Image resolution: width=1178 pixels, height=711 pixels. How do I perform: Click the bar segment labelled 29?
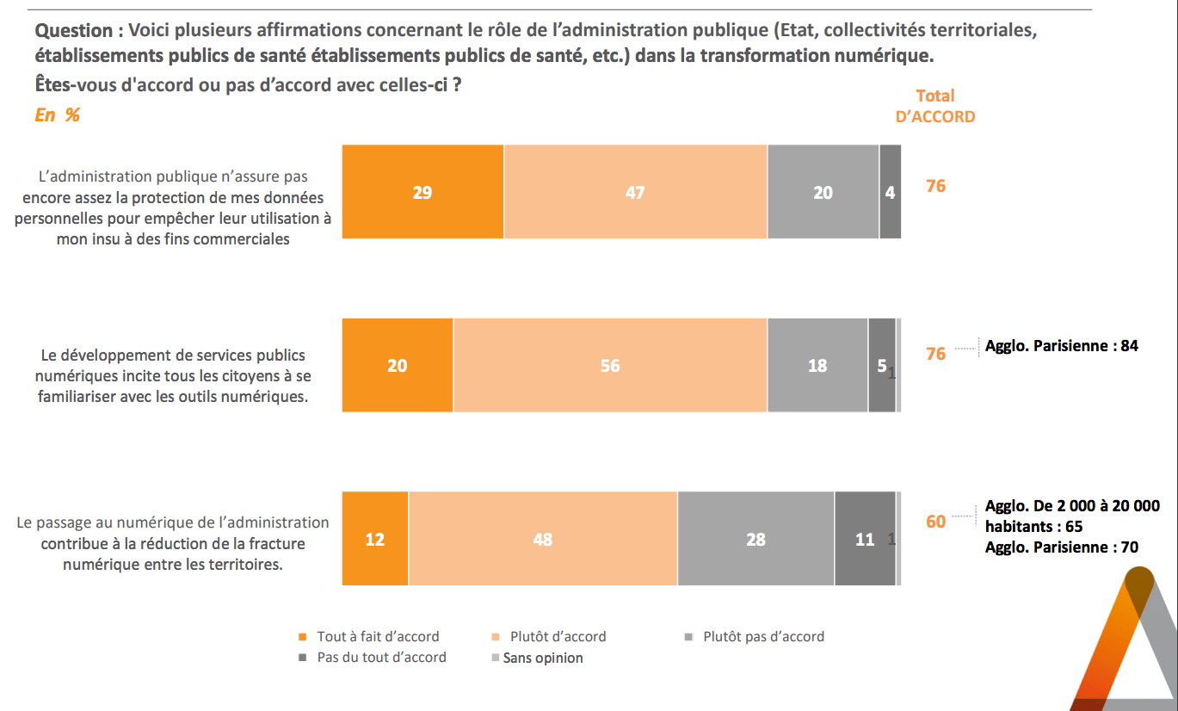pos(422,192)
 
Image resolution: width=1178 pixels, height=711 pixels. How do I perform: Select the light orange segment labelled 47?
pos(635,192)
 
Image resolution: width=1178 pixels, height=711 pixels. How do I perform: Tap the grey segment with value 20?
pos(823,192)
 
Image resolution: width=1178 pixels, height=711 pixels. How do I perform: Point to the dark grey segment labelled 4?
pos(890,192)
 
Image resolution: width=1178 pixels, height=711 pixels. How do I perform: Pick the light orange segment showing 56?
pos(609,365)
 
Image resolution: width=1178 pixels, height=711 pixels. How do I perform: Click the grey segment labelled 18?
pos(817,365)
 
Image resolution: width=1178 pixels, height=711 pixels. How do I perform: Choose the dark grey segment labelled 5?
pos(881,365)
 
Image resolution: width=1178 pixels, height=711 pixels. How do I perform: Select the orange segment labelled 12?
pos(375,539)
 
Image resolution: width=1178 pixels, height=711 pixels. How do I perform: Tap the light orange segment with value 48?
pos(542,539)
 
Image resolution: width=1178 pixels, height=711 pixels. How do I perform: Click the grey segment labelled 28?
pos(756,539)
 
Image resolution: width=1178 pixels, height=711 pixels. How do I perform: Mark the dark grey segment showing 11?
pos(865,539)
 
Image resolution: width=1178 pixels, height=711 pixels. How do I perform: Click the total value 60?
pos(935,522)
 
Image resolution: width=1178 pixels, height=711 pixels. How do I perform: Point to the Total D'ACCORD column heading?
pos(935,106)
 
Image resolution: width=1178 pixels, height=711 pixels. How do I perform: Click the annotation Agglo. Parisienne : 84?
pos(1061,346)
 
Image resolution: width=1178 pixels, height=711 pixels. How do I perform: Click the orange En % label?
pos(57,114)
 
